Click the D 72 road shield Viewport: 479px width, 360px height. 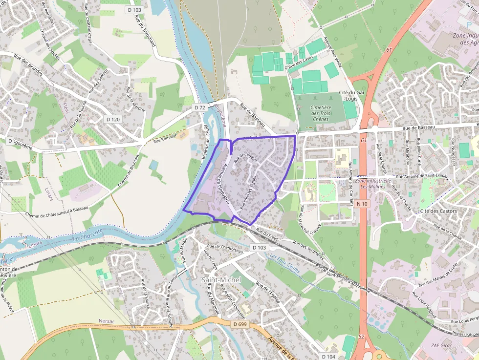pos(199,107)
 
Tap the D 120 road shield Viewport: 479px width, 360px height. pos(113,119)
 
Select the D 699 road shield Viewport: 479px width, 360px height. pos(239,324)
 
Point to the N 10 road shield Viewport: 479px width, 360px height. pos(362,203)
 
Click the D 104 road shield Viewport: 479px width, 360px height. pos(329,357)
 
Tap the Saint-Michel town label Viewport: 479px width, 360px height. pos(220,279)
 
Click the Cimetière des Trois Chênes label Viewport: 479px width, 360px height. pos(321,113)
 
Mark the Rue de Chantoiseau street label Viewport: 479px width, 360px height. pos(225,248)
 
